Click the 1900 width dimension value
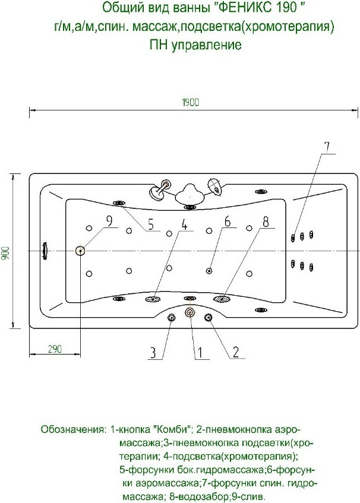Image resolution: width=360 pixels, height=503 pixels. [191, 102]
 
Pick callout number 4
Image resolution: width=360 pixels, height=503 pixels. [185, 224]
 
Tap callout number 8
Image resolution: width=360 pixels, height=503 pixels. [266, 222]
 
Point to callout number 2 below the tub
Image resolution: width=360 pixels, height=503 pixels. [235, 352]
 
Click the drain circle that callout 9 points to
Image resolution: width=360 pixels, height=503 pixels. [80, 251]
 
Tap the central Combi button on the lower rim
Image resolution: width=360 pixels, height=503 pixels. [190, 312]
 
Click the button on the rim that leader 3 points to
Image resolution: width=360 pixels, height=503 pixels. [171, 318]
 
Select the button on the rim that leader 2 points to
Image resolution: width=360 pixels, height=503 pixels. [209, 318]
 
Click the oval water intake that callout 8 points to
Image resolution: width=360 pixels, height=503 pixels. [222, 299]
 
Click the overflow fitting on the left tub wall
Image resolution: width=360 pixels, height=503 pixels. [43, 251]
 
